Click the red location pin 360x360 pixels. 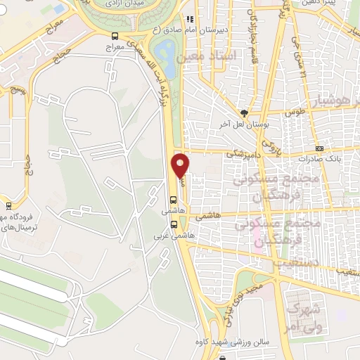181,166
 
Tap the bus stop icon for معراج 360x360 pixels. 115,37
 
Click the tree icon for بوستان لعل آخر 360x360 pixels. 244,112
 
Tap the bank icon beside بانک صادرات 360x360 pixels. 320,148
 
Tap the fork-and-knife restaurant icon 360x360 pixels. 188,20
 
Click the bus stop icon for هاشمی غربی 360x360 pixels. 173,224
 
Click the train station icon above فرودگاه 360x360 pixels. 8,206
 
